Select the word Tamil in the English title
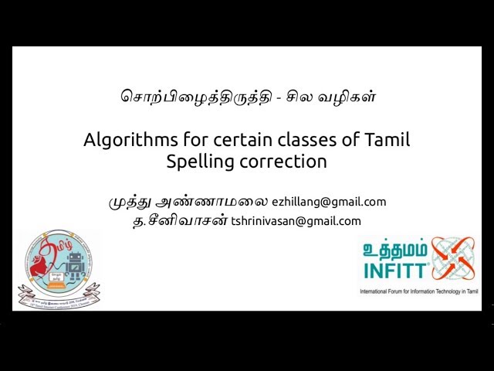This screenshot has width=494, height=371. [x=387, y=141]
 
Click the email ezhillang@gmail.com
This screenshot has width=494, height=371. [x=329, y=202]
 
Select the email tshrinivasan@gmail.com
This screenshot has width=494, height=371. [x=296, y=221]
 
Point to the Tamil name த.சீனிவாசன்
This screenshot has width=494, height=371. [x=180, y=221]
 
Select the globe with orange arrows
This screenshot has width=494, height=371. [x=452, y=259]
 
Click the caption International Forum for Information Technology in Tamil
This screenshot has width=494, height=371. [x=420, y=292]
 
